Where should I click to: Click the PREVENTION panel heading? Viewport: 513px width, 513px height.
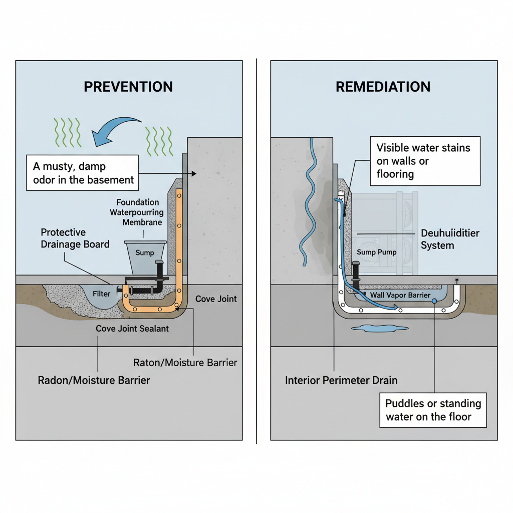128,87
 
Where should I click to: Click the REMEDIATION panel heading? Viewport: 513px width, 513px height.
383,87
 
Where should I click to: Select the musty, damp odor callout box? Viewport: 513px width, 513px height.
82,172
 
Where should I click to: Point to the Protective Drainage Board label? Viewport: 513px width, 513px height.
75,238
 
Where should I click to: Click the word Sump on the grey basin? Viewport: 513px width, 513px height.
145,252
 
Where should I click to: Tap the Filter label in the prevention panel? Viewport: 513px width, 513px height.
101,294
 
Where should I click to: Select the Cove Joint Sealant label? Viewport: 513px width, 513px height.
132,329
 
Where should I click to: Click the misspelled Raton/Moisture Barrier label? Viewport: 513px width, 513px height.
185,362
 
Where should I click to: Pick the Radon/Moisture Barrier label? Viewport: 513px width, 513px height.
94,380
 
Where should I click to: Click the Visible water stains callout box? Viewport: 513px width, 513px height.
423,161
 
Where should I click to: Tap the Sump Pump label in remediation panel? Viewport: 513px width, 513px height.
376,252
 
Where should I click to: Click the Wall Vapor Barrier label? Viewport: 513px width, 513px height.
400,295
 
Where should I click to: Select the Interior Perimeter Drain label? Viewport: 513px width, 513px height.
341,380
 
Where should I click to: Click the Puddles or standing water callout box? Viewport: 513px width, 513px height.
433,410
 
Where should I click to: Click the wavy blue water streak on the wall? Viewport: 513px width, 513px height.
308,200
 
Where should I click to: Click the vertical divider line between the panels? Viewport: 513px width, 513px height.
256,250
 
